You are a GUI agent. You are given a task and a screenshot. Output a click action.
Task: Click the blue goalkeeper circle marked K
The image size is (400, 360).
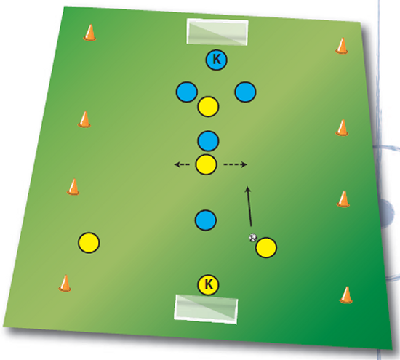click(216, 60)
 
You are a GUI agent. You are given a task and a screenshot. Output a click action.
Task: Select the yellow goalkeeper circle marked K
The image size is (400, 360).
click(208, 285)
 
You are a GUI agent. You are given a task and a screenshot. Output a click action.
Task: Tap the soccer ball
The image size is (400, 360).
click(253, 238)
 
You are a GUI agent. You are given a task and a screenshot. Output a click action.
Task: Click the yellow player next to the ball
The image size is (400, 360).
click(265, 247)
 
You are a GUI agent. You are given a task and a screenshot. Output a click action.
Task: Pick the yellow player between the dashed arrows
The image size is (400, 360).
click(206, 164)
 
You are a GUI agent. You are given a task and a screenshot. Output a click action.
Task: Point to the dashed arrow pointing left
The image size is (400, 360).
click(182, 164)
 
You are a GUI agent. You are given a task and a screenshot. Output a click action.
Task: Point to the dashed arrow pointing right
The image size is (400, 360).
click(235, 164)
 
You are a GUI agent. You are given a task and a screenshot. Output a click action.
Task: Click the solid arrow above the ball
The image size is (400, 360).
click(249, 207)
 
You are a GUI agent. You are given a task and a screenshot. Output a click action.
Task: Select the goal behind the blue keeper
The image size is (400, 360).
click(217, 32)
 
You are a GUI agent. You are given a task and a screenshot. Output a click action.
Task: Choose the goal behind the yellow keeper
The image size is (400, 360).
click(206, 309)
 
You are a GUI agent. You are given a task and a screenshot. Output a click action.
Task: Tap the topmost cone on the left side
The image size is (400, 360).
click(89, 33)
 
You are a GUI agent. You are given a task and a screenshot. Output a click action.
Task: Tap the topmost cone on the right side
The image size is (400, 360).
click(342, 46)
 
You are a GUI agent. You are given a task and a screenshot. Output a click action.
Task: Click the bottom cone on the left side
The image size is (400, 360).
click(65, 283)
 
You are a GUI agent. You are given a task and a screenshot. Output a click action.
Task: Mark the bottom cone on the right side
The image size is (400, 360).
click(346, 295)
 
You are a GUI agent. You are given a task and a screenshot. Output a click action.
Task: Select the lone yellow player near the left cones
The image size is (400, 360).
click(89, 242)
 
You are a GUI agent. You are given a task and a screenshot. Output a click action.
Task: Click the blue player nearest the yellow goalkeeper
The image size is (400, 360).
click(206, 220)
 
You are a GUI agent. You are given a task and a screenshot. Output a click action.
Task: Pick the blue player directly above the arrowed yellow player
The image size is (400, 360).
click(208, 141)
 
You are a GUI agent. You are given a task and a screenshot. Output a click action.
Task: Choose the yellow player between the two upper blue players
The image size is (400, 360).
click(208, 107)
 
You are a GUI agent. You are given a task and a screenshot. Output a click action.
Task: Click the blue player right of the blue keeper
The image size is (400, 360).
click(245, 92)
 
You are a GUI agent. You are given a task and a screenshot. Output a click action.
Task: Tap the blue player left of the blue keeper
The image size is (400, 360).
click(187, 92)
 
